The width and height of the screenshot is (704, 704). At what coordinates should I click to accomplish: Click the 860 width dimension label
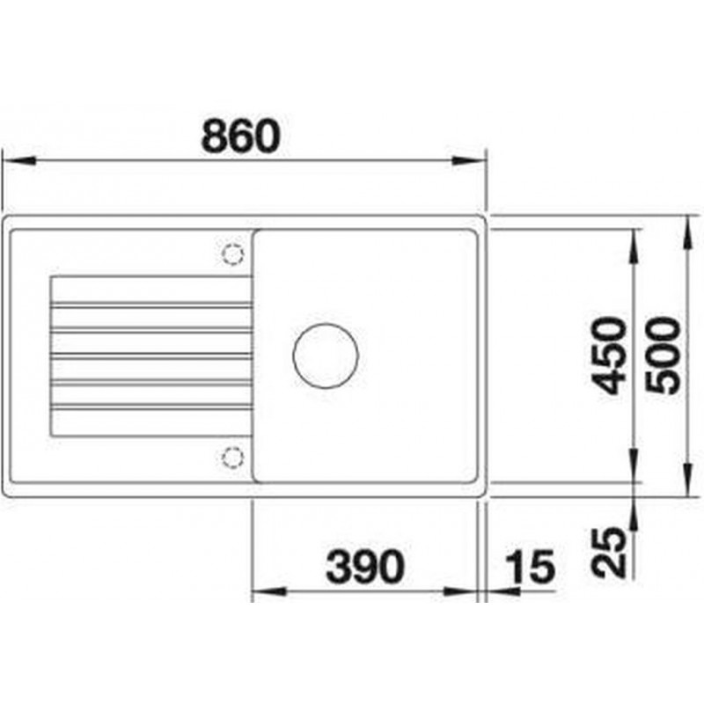pyautogui.click(x=241, y=136)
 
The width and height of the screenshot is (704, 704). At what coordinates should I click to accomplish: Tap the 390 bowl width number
pyautogui.click(x=365, y=567)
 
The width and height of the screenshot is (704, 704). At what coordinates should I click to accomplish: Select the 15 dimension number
pyautogui.click(x=531, y=567)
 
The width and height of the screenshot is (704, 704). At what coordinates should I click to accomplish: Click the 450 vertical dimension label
pyautogui.click(x=609, y=356)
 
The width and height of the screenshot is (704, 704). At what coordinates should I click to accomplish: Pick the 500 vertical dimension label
pyautogui.click(x=663, y=356)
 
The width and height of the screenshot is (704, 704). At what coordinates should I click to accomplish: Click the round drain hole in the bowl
pyautogui.click(x=326, y=356)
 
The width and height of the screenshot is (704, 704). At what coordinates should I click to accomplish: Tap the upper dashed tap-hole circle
pyautogui.click(x=232, y=254)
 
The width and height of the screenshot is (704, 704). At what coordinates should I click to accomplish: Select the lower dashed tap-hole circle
pyautogui.click(x=232, y=458)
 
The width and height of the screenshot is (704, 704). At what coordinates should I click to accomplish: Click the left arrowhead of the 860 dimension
pyautogui.click(x=18, y=160)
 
